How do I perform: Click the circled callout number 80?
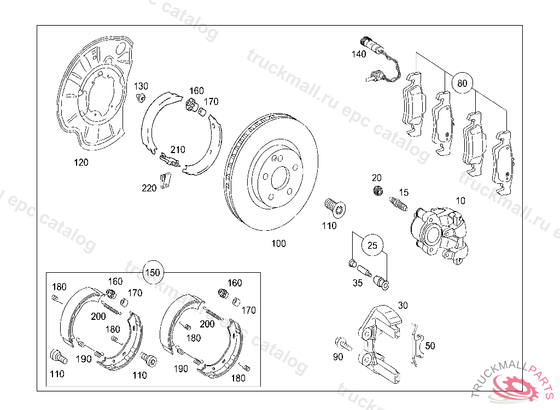[462, 84]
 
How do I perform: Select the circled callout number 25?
[372, 245]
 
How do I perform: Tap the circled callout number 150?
[153, 272]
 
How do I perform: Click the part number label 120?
[81, 162]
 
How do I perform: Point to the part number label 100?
[278, 244]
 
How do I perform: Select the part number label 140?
[359, 54]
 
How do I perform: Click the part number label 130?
[141, 86]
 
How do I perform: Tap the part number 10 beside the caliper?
[460, 201]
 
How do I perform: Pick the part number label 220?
[149, 188]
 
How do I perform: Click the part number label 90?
[337, 357]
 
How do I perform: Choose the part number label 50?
[430, 345]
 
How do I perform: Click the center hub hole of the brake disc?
[279, 177]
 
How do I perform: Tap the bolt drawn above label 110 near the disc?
[332, 207]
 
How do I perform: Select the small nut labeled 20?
[376, 191]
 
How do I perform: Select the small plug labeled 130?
[141, 98]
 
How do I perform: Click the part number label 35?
[358, 283]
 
